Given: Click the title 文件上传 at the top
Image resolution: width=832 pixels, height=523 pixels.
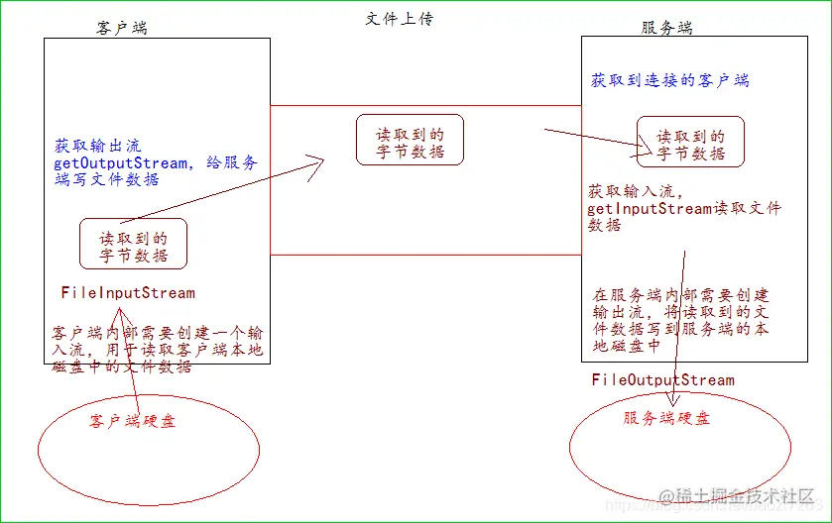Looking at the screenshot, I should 400,19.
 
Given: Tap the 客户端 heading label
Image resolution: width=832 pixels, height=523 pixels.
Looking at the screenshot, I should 122,28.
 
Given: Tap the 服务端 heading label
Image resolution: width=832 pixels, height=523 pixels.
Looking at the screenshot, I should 667,28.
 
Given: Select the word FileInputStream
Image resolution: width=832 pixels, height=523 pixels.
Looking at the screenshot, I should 128,293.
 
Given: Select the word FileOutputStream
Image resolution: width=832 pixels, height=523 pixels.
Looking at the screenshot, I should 663,380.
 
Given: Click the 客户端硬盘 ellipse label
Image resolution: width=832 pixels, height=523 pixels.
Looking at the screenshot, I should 132,421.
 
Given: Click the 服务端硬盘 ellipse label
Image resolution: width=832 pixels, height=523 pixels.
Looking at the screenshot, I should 666,419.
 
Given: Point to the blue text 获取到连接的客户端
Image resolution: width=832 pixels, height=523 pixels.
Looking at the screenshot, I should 670,79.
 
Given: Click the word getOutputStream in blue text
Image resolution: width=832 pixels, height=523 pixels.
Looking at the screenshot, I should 120,163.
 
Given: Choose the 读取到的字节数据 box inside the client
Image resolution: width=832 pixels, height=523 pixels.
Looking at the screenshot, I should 133,244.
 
